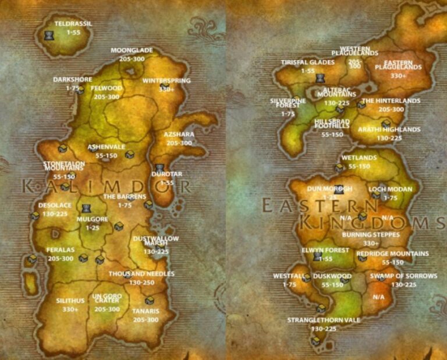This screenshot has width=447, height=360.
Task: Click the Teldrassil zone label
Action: pos(73,24)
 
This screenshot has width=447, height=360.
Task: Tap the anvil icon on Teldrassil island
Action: pos(49,36)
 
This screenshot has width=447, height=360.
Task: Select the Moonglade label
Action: pos(132,51)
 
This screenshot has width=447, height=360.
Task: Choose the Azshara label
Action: pos(180,135)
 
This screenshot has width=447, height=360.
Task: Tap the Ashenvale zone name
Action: pos(103,147)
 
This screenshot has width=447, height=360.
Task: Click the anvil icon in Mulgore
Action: pos(87,208)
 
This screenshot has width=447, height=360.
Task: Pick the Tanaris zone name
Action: pos(146,311)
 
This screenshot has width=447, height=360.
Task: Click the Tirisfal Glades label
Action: pos(308,62)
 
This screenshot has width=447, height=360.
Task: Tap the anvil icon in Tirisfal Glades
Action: pos(319,78)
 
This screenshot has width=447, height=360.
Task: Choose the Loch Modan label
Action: pos(391,189)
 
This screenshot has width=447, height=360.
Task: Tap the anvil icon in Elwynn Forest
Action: pos(317,256)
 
